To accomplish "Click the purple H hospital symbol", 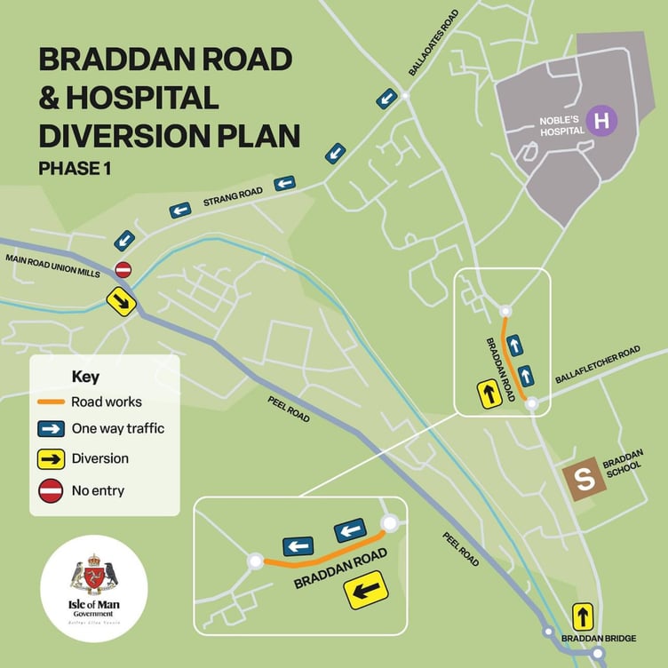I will click(602, 120).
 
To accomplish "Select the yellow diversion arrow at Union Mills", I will click(123, 302).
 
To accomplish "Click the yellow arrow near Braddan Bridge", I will click(582, 615).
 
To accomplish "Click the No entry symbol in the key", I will click(51, 489).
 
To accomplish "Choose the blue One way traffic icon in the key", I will click(51, 429).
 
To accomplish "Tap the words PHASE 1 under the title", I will click(74, 169).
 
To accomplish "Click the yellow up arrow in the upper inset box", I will click(489, 392).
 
